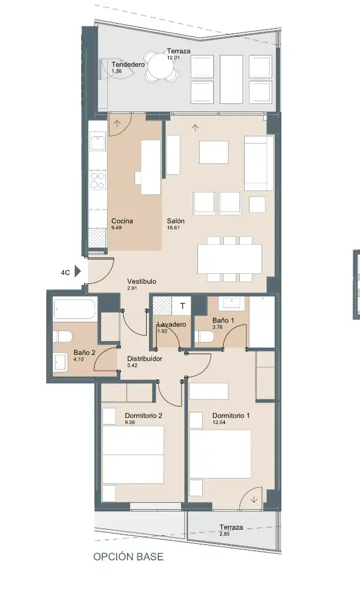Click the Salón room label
click(x=176, y=221)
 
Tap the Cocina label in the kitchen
click(x=122, y=221)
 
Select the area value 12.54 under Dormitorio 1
click(x=219, y=422)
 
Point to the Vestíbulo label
click(x=142, y=282)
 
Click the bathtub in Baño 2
click(x=76, y=310)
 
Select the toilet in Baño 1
click(x=204, y=337)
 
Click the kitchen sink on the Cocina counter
click(x=98, y=143)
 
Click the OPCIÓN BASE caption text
click(x=128, y=557)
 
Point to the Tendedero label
click(x=128, y=64)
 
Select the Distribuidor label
click(x=145, y=359)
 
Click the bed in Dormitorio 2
click(x=133, y=455)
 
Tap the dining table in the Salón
click(x=230, y=258)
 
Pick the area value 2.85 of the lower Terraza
click(x=225, y=534)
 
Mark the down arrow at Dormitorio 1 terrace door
click(x=254, y=499)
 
